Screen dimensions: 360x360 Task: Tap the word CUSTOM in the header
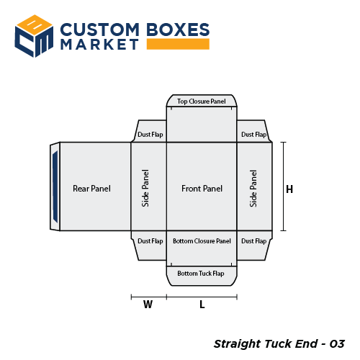99,30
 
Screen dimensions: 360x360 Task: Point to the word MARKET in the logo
99,45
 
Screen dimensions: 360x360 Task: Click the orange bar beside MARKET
178,45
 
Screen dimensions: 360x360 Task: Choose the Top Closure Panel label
202,102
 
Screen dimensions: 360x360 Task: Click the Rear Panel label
91,189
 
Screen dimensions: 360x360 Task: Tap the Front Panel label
202,189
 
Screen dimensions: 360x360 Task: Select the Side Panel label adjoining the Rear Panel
146,189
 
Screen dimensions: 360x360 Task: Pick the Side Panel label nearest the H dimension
253,189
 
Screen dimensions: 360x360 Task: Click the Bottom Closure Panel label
202,240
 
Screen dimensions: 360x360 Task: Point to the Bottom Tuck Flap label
201,274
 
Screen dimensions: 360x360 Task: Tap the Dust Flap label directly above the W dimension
150,240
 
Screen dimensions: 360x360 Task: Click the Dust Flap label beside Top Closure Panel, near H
253,134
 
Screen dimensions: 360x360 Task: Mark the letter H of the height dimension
289,190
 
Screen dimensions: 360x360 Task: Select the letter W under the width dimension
148,305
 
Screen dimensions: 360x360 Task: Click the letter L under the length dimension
202,305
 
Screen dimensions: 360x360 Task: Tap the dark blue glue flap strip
55,186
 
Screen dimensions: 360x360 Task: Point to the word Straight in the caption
238,343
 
